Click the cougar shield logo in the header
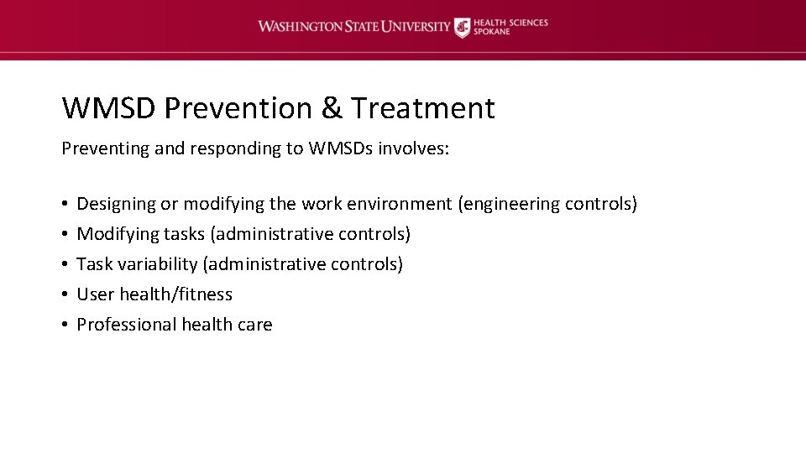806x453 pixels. tap(463, 27)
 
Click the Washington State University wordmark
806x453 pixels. tap(353, 27)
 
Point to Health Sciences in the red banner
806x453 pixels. tap(510, 22)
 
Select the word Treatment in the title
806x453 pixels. tap(423, 108)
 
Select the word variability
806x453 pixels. tap(158, 264)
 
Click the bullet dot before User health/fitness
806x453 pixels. tap(65, 294)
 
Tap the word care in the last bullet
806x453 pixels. tap(254, 325)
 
